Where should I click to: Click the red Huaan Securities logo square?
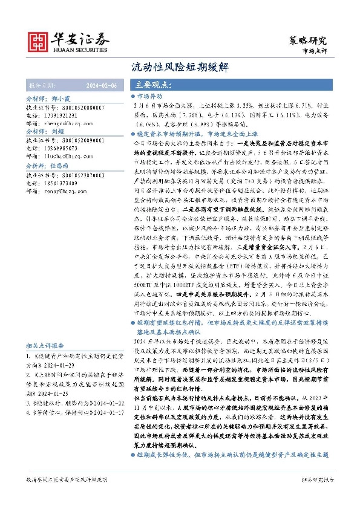coord(39,41)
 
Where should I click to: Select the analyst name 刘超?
coord(57,131)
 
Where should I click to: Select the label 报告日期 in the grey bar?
coord(42,85)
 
